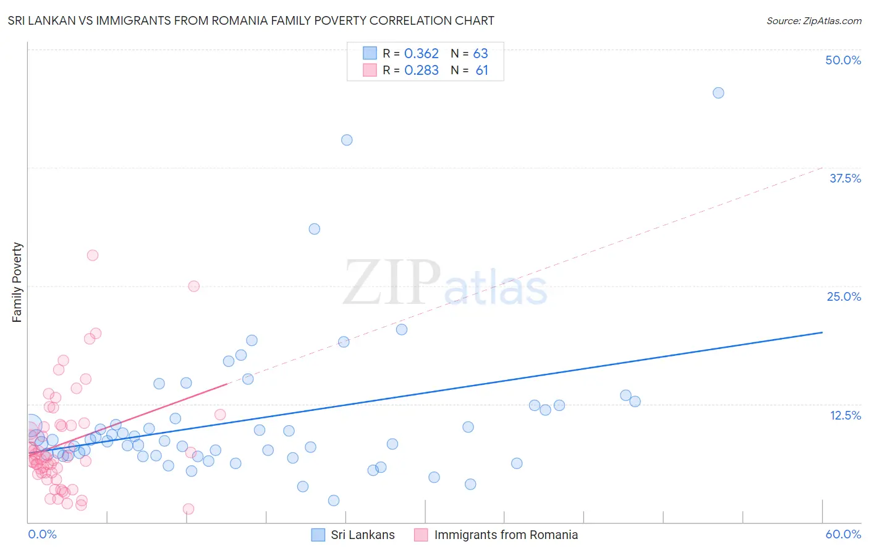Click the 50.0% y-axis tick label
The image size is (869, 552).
843,60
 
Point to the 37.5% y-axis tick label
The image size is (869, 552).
845,178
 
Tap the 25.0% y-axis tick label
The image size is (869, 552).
844,296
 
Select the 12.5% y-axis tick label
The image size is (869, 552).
845,415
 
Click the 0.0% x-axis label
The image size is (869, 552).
42,534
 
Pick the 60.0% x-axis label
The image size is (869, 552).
843,534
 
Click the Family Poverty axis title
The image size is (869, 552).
17,282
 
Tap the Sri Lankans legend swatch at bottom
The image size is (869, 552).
318,535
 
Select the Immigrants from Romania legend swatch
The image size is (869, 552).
421,535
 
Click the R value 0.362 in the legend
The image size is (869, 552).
421,54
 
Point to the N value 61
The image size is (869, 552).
481,71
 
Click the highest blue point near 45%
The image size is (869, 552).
718,93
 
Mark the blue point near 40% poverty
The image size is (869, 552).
347,140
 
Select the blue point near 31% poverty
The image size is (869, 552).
314,229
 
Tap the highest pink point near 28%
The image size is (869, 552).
93,255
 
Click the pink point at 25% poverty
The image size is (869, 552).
193,286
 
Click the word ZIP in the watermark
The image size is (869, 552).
392,283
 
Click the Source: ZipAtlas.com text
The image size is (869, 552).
813,21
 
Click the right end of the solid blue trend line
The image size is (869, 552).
822,332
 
